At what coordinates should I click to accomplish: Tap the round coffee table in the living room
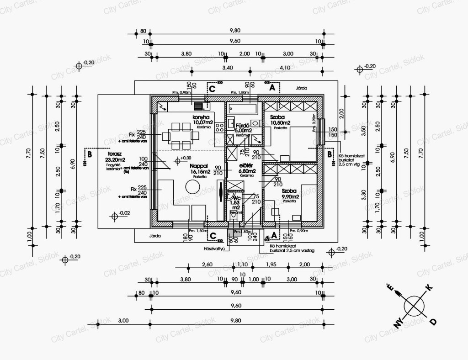pos(192,186)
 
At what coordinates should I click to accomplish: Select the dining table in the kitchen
pos(176,136)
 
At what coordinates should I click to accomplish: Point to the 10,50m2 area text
pos(280,123)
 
